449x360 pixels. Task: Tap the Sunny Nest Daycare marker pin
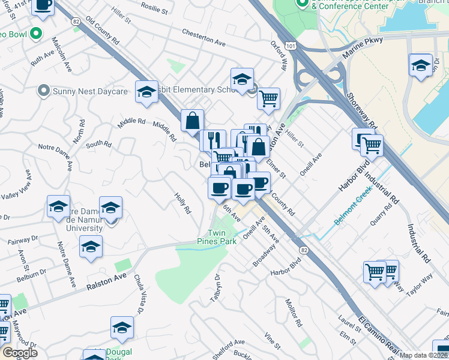click(x=43, y=91)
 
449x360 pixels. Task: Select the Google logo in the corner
click(x=20, y=353)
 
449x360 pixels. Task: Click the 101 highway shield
click(x=291, y=45)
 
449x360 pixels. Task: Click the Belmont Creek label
click(x=354, y=212)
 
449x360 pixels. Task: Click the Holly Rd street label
click(x=182, y=203)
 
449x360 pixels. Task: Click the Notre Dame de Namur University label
click(x=81, y=220)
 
